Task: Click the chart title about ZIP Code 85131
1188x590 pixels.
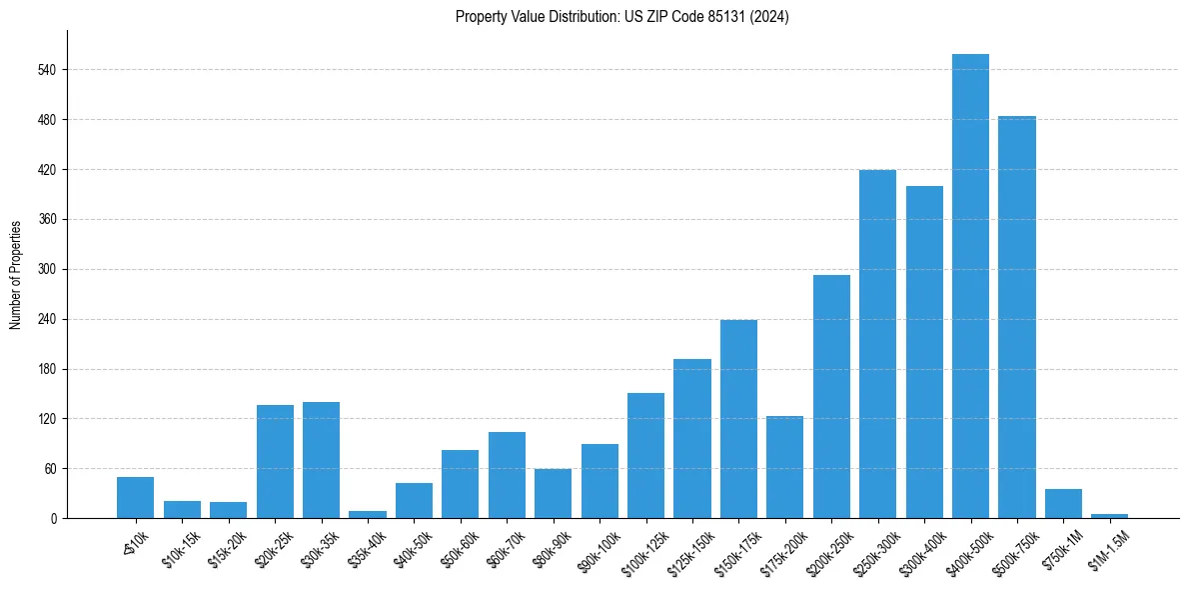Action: click(x=621, y=17)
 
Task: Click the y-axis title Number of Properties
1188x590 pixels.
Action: click(x=15, y=275)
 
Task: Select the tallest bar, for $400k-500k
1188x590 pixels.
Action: click(x=970, y=286)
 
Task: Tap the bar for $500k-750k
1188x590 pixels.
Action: click(x=1016, y=317)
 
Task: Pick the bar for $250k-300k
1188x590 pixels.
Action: click(x=877, y=344)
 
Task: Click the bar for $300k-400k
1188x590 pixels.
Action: click(x=924, y=352)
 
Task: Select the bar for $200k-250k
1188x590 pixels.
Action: click(x=831, y=396)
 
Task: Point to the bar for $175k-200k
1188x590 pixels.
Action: click(x=784, y=467)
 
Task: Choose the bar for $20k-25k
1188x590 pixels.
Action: click(x=275, y=461)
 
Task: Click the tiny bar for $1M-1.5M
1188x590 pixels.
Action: click(x=1109, y=515)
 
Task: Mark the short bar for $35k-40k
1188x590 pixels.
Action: click(x=368, y=514)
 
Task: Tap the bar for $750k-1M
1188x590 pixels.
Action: click(x=1063, y=503)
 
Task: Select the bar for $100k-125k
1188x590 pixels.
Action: click(x=645, y=455)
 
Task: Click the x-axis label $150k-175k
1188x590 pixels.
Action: click(x=734, y=549)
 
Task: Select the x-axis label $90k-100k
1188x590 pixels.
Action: click(x=597, y=548)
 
